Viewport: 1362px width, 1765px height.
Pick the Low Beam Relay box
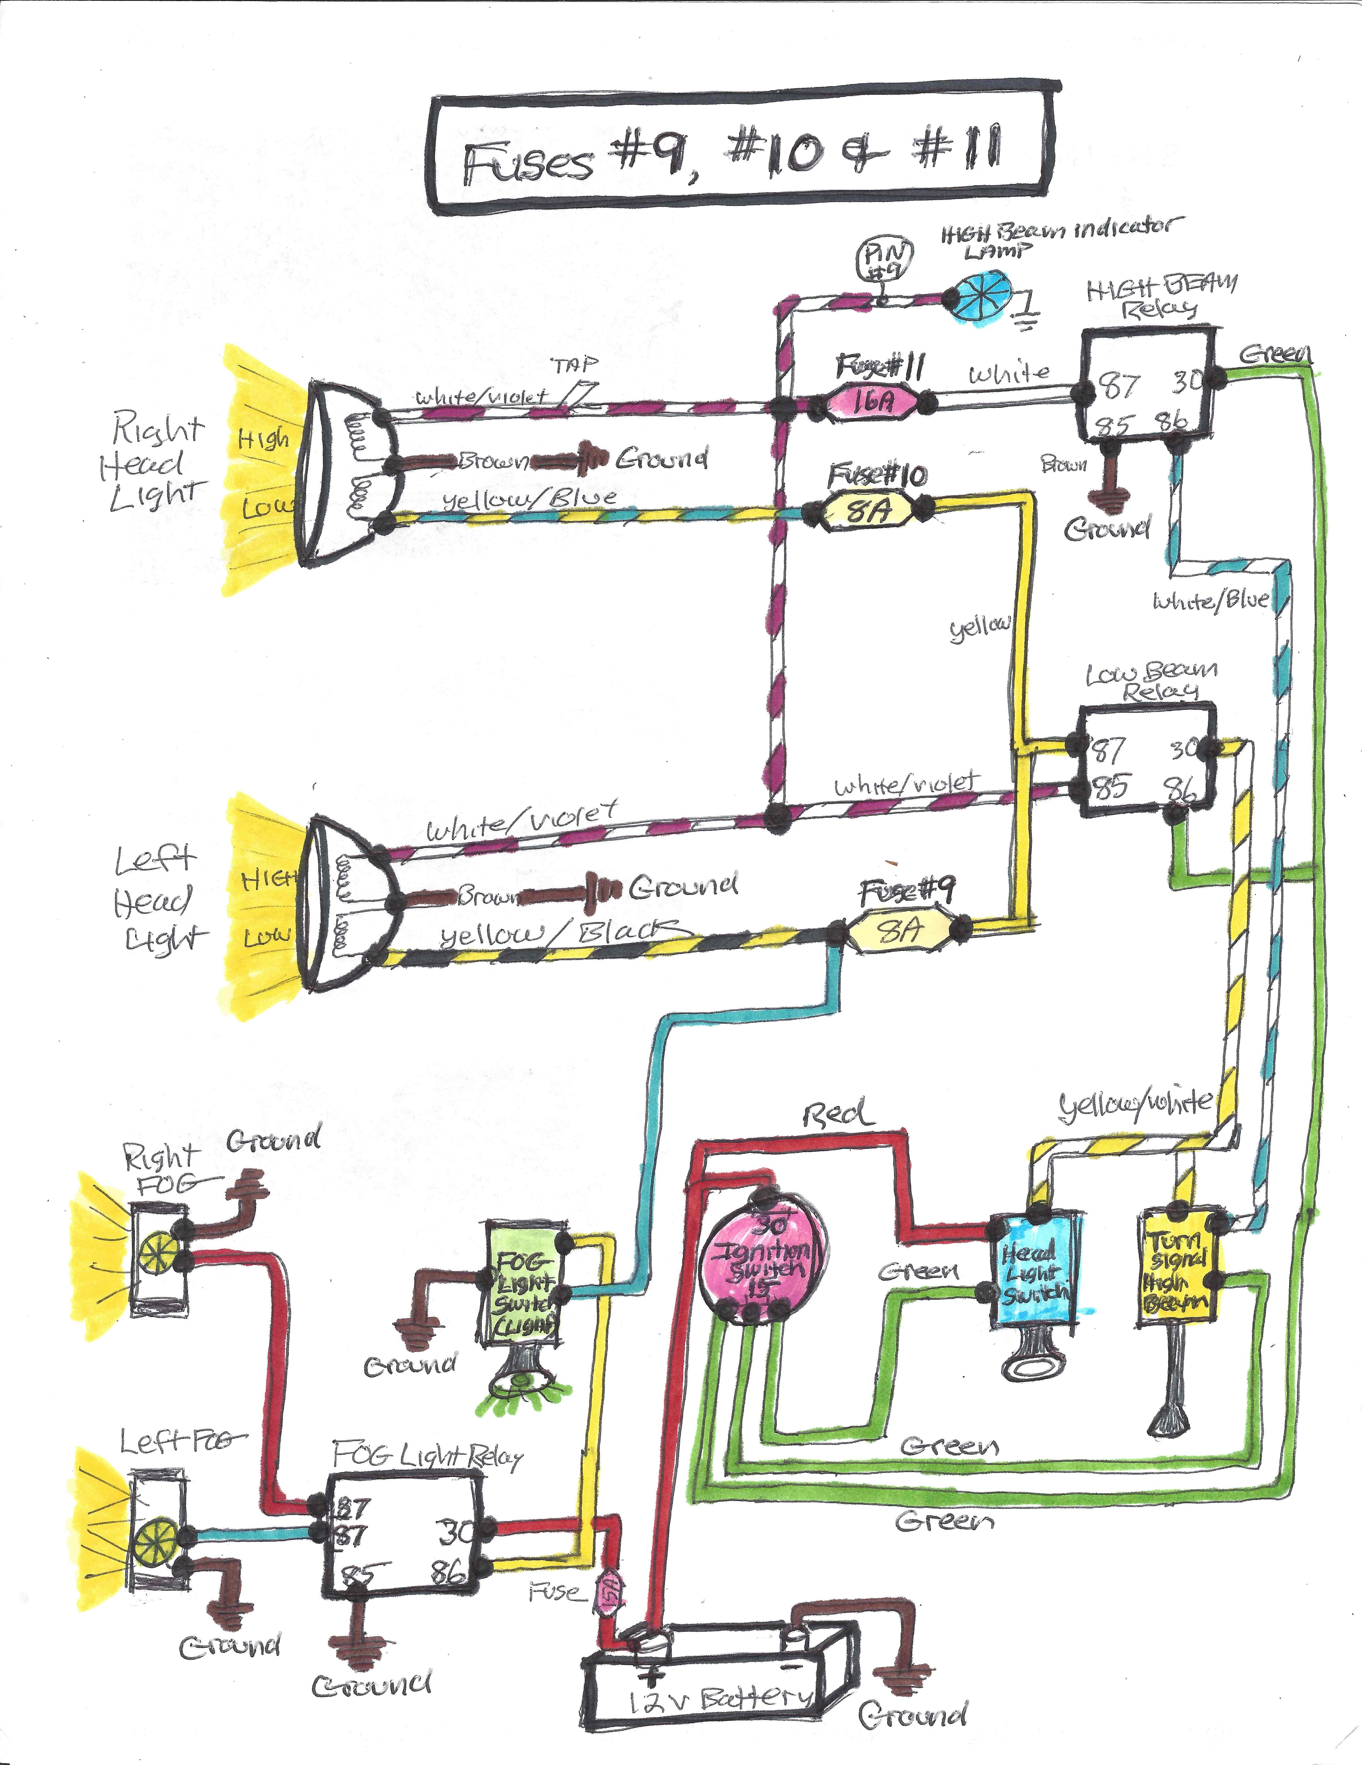[x=1147, y=760]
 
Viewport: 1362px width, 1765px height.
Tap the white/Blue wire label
[x=1209, y=601]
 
